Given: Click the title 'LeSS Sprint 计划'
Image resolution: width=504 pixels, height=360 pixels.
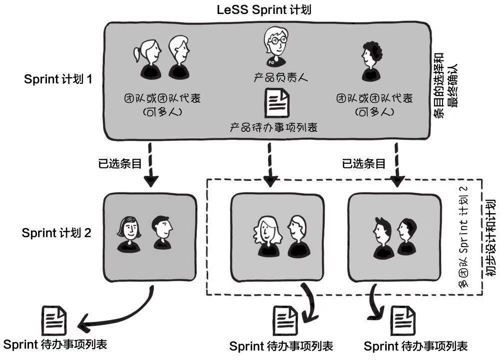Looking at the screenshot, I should tap(264, 9).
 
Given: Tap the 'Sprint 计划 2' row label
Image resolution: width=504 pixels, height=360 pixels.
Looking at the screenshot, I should tap(56, 233).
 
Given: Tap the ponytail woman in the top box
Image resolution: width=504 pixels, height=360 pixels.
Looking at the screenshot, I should tap(147, 59).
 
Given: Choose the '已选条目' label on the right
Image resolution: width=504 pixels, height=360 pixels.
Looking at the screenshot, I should tap(364, 164).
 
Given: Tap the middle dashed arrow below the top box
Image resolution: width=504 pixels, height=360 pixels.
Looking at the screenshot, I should tap(270, 164).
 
